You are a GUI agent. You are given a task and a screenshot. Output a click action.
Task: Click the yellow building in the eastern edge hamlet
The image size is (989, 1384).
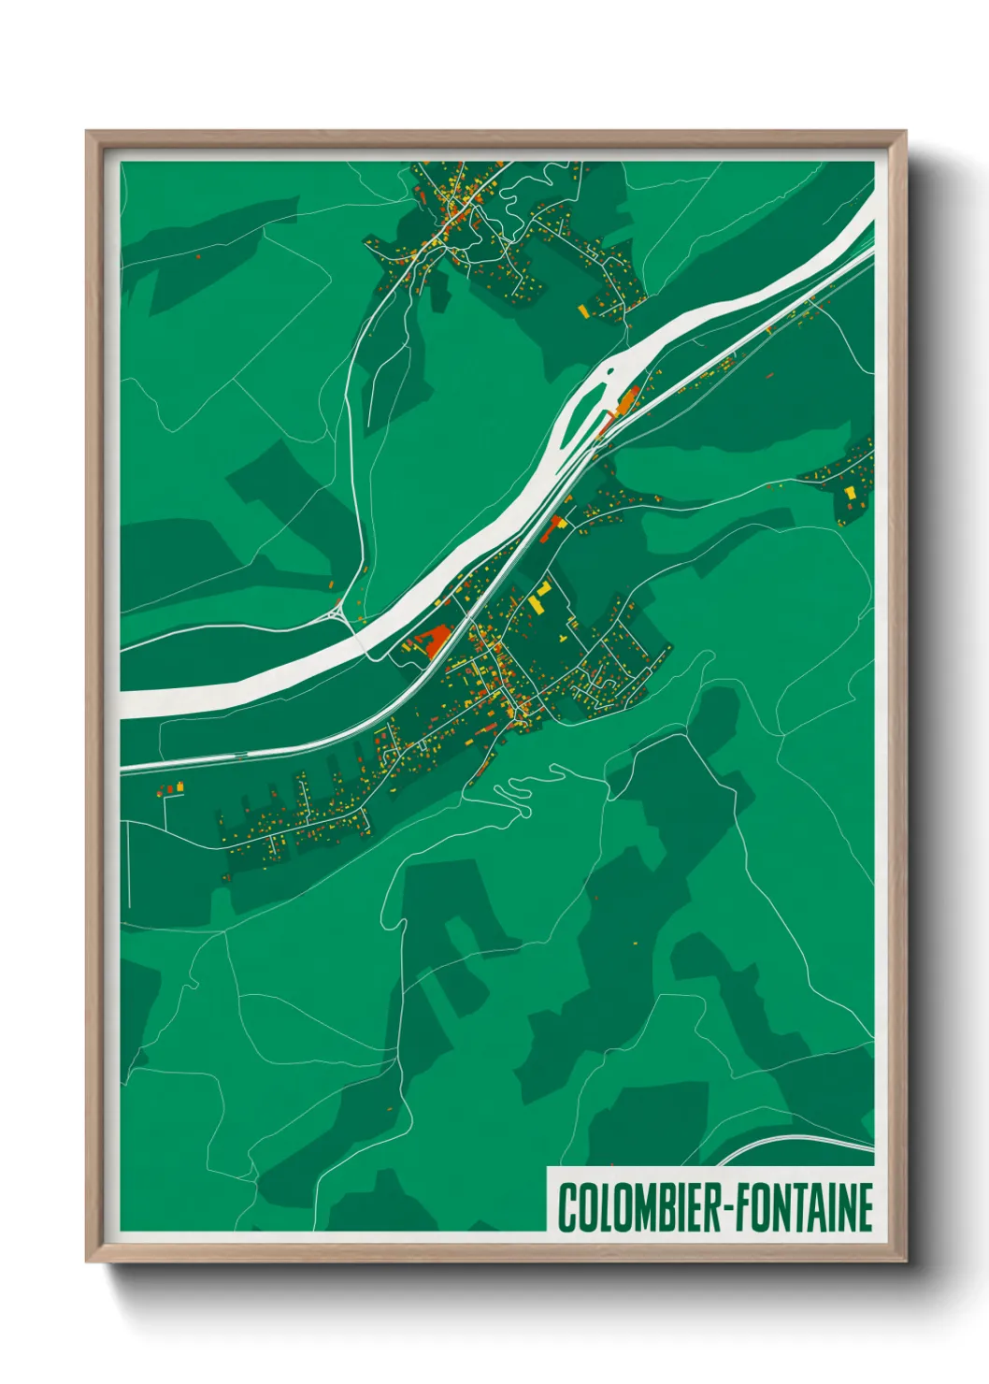coord(850,492)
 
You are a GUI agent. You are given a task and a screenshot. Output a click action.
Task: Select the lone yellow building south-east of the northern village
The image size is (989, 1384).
coord(582,310)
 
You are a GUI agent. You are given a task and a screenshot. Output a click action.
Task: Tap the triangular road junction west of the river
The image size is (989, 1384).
coord(337,614)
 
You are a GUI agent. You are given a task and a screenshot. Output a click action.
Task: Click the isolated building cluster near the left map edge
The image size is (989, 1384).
coord(171,789)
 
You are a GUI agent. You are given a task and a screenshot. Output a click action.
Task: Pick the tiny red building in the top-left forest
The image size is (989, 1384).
coord(198,253)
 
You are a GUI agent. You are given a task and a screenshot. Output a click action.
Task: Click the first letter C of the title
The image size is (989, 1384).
coord(566,1207)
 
